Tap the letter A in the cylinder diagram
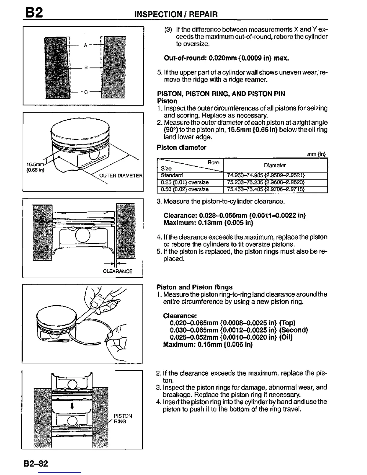pyautogui.click(x=85, y=45)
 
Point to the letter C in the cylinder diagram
pyautogui.click(x=85, y=92)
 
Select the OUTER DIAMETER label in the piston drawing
pyautogui.click(x=121, y=176)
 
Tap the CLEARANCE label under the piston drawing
pyautogui.click(x=118, y=271)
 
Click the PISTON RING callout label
pyautogui.click(x=123, y=419)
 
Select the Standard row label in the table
pyautogui.click(x=172, y=175)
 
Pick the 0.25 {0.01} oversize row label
pyautogui.click(x=184, y=182)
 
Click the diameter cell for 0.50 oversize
pyautogui.click(x=266, y=189)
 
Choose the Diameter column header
pyautogui.click(x=275, y=165)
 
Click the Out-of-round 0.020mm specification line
pyautogui.click(x=226, y=58)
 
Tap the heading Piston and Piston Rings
pyautogui.click(x=195, y=287)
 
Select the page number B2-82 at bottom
pyautogui.click(x=36, y=464)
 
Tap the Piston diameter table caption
pyautogui.click(x=181, y=148)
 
